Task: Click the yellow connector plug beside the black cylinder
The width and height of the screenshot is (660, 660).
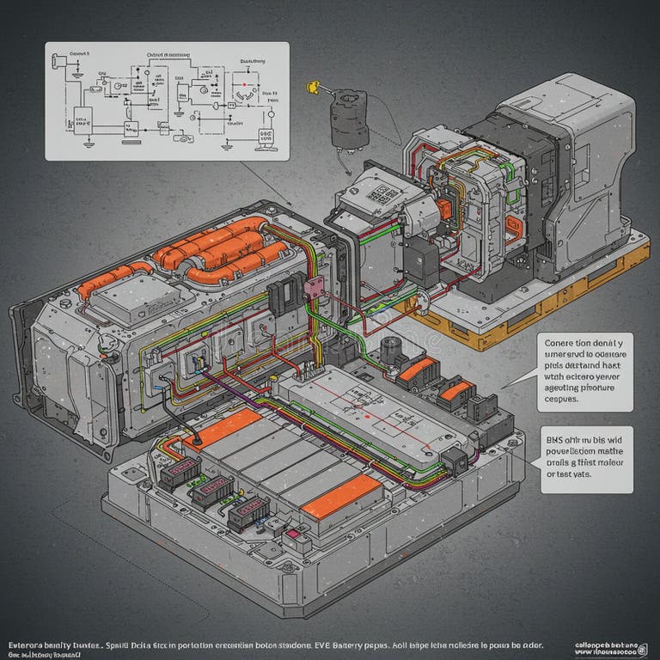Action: pyautogui.click(x=313, y=87)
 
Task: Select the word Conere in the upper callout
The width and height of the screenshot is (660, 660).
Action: pyautogui.click(x=562, y=341)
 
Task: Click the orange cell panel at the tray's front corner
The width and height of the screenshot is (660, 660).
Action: pyautogui.click(x=341, y=498)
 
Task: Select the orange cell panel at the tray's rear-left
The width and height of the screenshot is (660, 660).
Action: pyautogui.click(x=221, y=427)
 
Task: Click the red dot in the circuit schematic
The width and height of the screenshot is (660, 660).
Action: pyautogui.click(x=244, y=86)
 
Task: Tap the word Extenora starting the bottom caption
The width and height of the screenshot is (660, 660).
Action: pyautogui.click(x=29, y=643)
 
